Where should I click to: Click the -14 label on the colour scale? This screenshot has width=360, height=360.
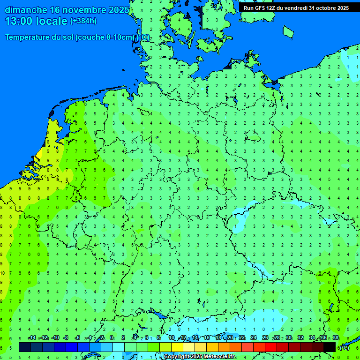32,338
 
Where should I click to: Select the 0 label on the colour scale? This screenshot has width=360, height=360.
112,338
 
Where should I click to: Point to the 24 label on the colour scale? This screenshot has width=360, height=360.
254,338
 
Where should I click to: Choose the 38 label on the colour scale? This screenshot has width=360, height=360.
336,338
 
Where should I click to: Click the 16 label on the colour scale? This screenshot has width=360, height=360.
206,338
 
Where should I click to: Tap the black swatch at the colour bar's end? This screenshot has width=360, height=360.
330,347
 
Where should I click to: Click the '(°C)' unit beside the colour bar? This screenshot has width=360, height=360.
344,347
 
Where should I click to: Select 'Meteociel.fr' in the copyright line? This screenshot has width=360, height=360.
220,357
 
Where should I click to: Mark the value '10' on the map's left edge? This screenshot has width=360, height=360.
2,273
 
